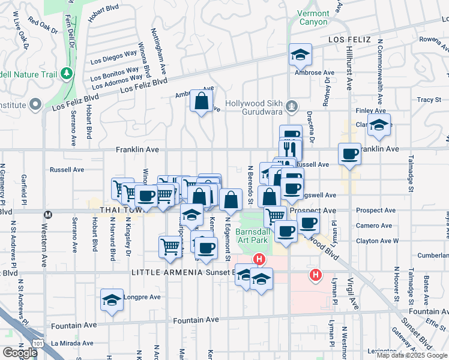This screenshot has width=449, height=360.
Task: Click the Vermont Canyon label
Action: coord(313,17)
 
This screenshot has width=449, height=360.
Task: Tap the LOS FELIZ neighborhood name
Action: coord(350,40)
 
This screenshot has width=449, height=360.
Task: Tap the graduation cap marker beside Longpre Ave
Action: coord(112,300)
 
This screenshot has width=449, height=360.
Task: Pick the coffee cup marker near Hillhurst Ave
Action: coord(349,154)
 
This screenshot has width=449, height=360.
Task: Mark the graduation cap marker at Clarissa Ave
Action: coord(379,125)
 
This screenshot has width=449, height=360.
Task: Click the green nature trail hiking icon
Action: coord(67,73)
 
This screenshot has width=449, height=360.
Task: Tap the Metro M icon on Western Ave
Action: coord(48,214)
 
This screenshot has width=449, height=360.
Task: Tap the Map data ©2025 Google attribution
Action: coord(412,355)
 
